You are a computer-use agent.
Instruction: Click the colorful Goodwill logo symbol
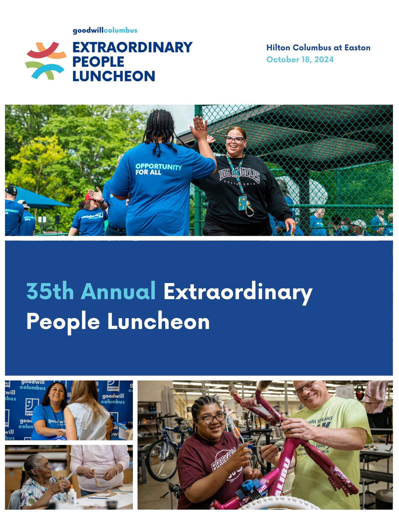click(46, 61)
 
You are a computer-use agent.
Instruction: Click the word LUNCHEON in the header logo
click(114, 76)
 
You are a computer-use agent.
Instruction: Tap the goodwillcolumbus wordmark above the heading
click(105, 31)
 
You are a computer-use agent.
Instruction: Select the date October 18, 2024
click(300, 59)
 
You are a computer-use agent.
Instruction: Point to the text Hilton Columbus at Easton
click(318, 48)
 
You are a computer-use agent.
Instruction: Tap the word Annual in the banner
click(118, 291)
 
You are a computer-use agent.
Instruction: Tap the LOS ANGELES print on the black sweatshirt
click(239, 175)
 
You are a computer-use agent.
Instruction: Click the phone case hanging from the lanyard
click(242, 203)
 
